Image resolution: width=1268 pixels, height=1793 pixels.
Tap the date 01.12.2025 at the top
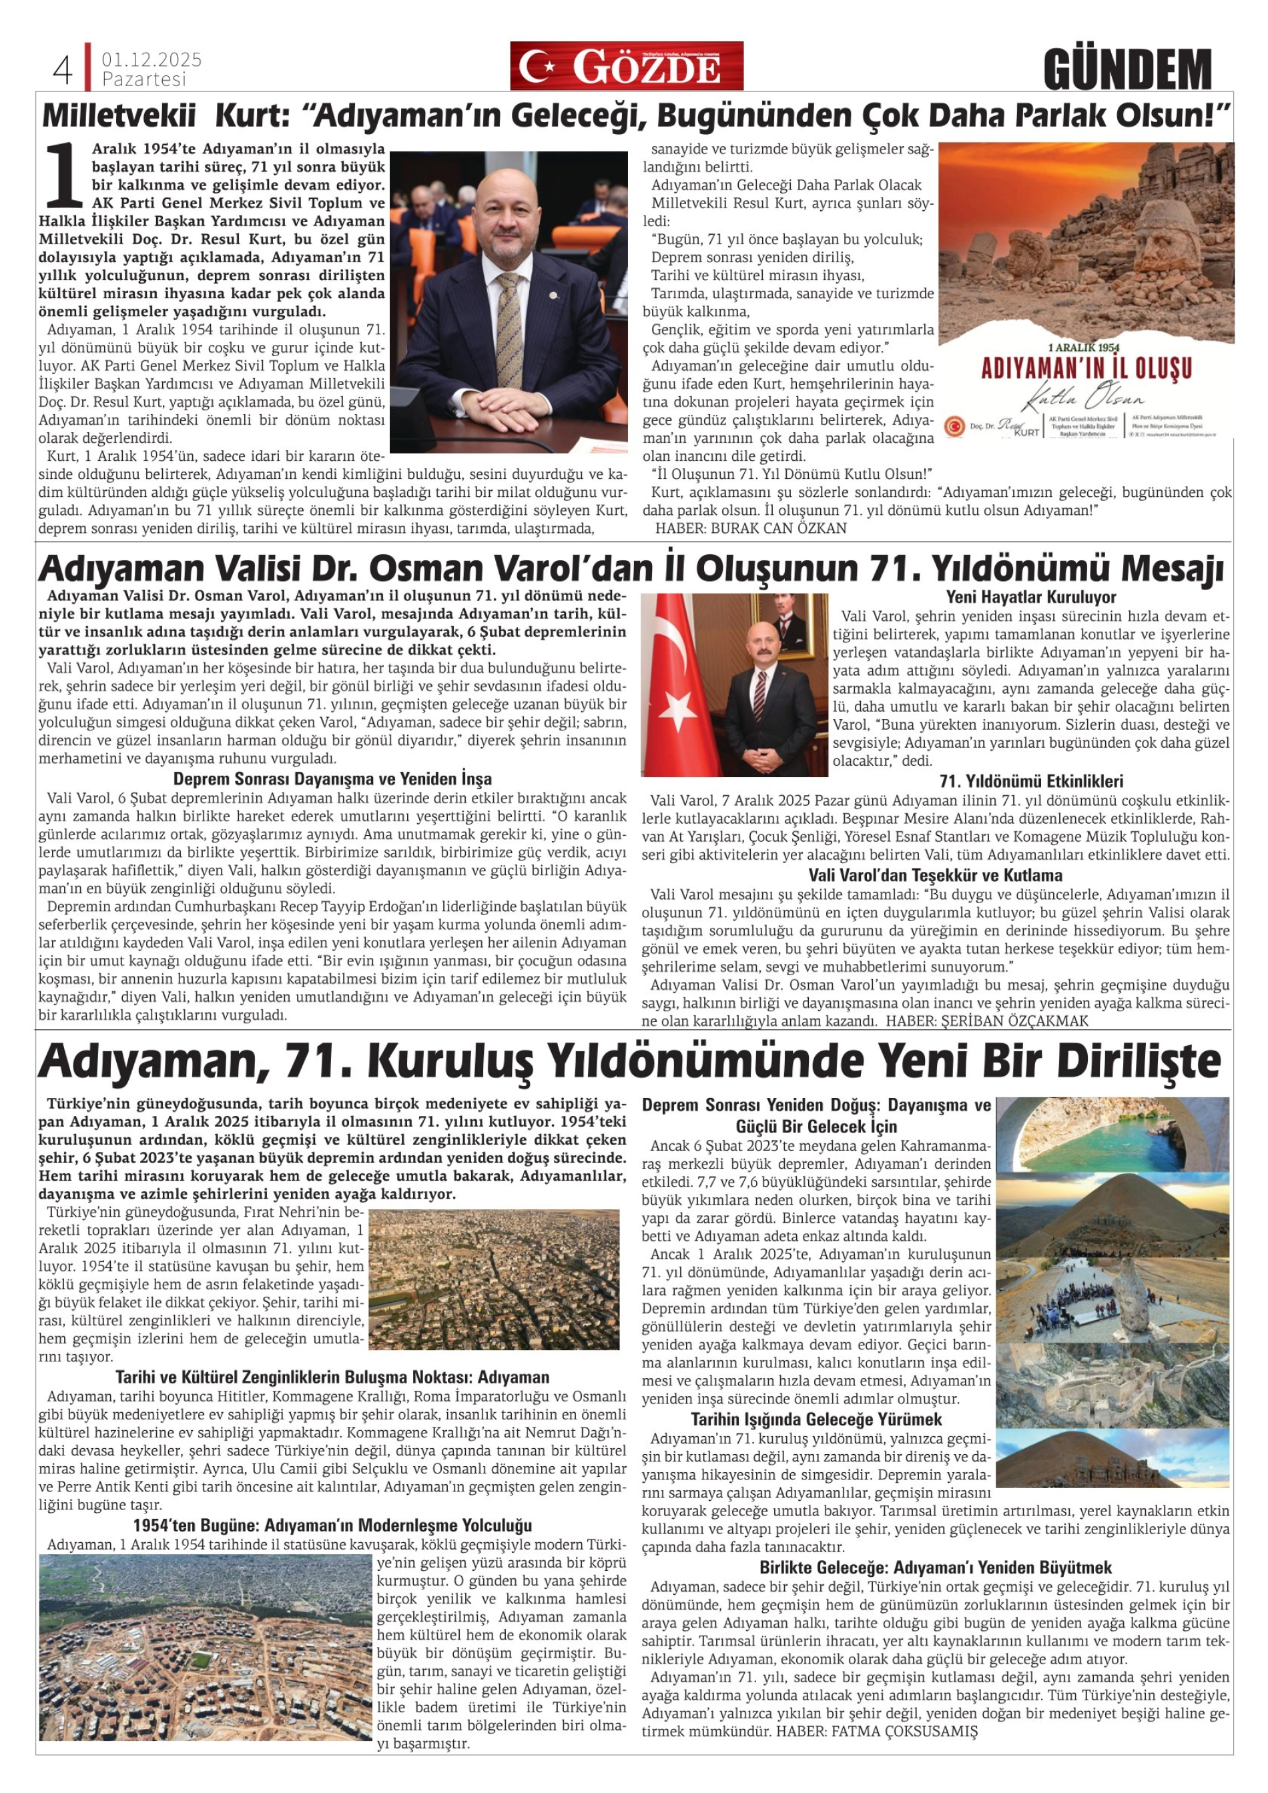pos(151,59)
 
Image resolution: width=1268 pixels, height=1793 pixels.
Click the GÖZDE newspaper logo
pos(627,67)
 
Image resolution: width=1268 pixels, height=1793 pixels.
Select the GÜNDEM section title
pos(1127,69)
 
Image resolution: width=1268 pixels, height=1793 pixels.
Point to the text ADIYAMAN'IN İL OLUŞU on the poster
pos(1086,368)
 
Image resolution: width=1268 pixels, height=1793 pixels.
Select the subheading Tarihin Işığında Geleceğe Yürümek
pos(816,1419)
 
